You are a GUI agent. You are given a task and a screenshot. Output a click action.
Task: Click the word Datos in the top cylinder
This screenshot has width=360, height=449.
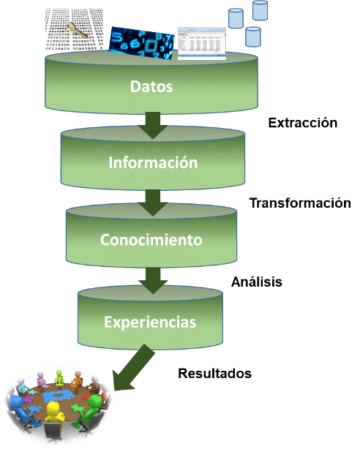click(x=151, y=86)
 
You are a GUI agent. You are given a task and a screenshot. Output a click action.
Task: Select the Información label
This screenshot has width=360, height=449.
click(x=153, y=162)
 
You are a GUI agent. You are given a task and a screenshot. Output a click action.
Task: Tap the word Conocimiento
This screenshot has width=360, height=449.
click(x=151, y=240)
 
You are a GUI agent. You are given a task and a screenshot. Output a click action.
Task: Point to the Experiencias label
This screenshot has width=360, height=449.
click(x=150, y=322)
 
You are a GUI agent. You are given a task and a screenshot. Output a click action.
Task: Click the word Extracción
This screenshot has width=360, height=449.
click(x=303, y=123)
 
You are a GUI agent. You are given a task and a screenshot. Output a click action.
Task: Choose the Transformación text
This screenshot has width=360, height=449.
click(x=300, y=203)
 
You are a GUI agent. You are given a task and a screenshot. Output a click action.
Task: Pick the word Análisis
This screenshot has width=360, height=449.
click(x=257, y=282)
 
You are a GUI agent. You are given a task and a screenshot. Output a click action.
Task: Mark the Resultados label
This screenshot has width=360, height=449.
click(x=214, y=374)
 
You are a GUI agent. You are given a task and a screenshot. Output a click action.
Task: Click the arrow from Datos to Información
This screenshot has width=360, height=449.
click(x=153, y=126)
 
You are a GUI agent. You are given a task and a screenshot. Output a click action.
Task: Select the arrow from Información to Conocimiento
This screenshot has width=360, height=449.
click(x=153, y=203)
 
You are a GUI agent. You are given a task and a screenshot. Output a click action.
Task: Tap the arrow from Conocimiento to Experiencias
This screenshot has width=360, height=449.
click(x=153, y=281)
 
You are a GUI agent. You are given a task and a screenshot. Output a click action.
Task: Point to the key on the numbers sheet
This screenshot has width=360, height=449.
click(x=77, y=31)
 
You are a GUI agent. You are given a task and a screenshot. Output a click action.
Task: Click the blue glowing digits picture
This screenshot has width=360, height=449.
click(x=142, y=43)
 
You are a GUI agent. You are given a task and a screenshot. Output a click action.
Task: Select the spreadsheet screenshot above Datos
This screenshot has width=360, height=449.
click(x=202, y=44)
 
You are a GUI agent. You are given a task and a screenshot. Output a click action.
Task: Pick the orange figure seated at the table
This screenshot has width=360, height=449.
click(x=77, y=378)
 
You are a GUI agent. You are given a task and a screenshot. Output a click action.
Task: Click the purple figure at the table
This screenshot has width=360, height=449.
click(x=41, y=380)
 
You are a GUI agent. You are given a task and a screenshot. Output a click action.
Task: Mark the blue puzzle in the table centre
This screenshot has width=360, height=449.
click(x=57, y=396)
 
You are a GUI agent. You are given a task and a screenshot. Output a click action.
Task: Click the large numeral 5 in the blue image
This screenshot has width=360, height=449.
click(x=116, y=37)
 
